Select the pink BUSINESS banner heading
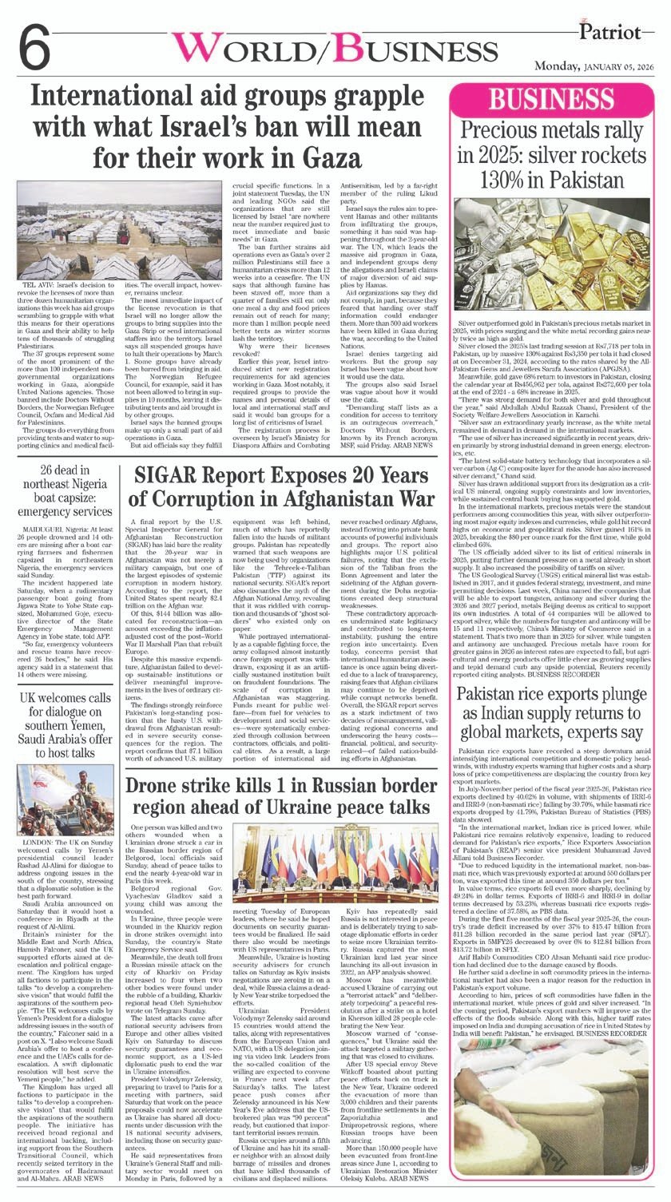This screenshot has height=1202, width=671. (550, 101)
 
